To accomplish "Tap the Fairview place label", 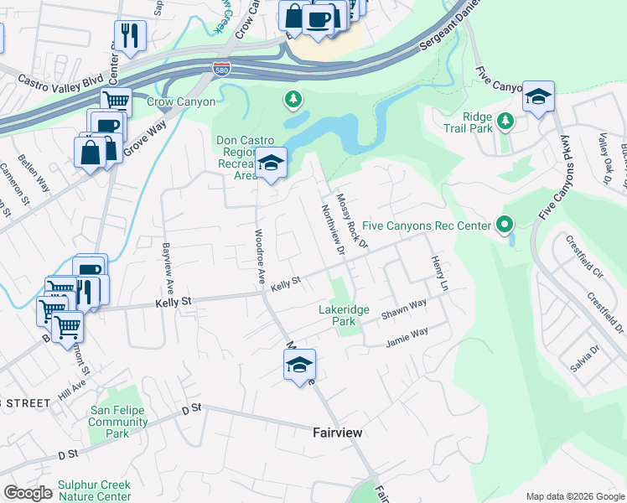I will [x=337, y=433].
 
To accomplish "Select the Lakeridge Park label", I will [x=344, y=315].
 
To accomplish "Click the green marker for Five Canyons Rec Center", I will [x=504, y=225].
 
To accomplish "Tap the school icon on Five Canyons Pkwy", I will [x=538, y=96].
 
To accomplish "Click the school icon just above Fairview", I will [x=299, y=365].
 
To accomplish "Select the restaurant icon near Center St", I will [x=129, y=35].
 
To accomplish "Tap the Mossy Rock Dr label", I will [x=352, y=220].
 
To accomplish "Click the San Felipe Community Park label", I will [x=118, y=422].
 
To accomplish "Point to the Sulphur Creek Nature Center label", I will [x=94, y=490].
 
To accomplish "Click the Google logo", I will [x=28, y=493].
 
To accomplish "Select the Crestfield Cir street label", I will [x=584, y=260].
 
